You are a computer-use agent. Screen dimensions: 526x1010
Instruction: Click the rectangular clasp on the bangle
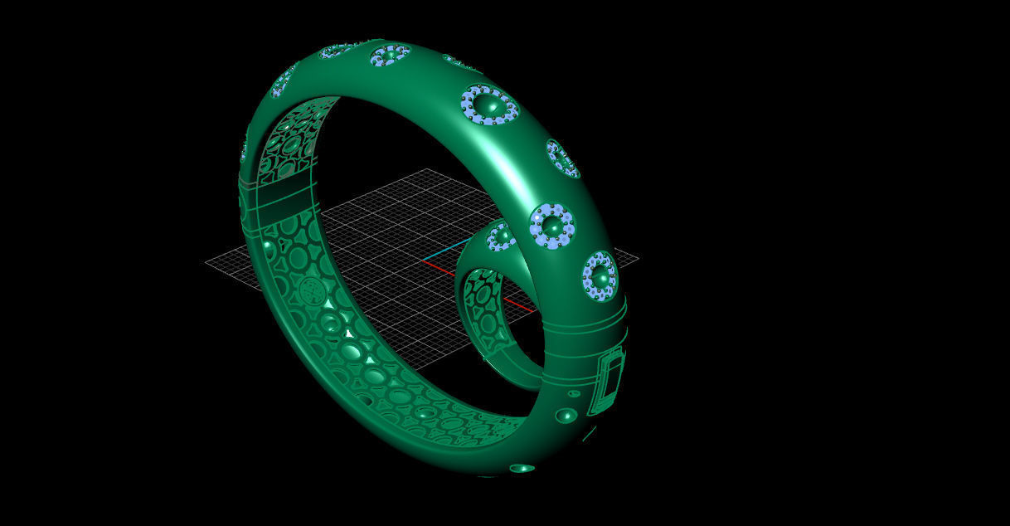click(609, 382)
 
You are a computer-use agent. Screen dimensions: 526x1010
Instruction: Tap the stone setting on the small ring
click(501, 237)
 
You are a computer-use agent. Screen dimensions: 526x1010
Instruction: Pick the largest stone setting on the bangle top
click(489, 105)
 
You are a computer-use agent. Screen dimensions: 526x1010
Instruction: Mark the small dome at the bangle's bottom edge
click(522, 468)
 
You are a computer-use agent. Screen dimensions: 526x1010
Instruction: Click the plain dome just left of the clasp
click(566, 415)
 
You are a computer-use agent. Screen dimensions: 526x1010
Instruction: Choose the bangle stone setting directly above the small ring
click(551, 224)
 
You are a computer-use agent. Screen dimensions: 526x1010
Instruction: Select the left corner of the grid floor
click(206, 261)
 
